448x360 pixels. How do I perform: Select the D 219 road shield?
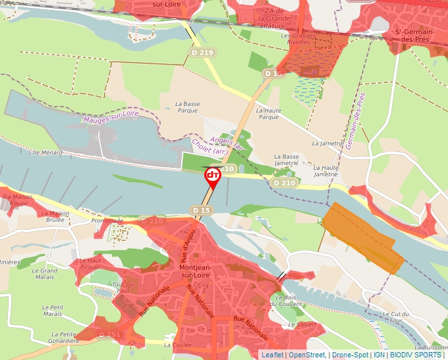coord(202,52)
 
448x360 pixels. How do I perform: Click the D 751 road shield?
coord(109,335)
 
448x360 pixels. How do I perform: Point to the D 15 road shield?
coord(202,210)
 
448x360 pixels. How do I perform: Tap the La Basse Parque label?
coord(187,107)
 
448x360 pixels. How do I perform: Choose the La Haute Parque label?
coord(268,113)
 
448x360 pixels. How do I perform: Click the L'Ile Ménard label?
coord(45,153)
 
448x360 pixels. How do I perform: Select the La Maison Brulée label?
coord(55,217)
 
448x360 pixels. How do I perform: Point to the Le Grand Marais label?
coord(45,274)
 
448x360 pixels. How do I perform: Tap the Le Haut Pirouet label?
coord(90,264)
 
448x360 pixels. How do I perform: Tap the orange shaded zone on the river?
coord(362,237)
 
